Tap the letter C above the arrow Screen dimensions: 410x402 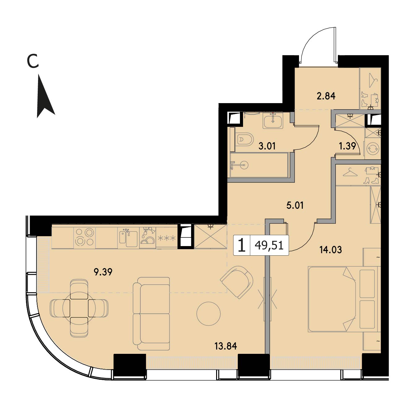(33, 61)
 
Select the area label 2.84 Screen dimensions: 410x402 (326, 96)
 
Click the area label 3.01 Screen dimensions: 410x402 (267, 146)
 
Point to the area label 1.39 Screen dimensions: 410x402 (347, 146)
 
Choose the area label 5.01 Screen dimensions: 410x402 (295, 206)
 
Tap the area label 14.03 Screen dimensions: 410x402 (331, 250)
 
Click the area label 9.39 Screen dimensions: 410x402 (103, 272)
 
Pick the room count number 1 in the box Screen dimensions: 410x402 (241, 245)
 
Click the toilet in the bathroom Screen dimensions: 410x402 (245, 139)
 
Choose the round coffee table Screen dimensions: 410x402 (208, 314)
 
